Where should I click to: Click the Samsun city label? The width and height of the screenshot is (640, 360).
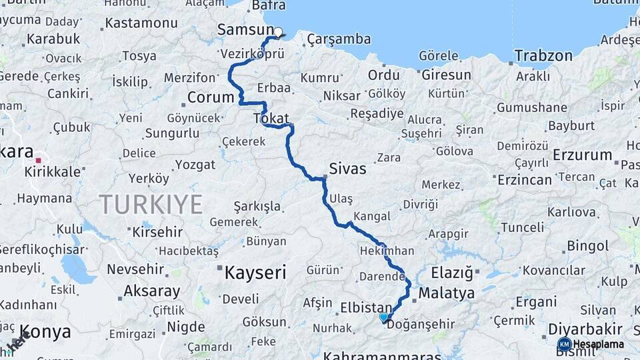point(245,31)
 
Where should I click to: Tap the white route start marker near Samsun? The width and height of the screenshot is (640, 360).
point(278,31)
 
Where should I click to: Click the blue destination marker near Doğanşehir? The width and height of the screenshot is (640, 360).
point(383,317)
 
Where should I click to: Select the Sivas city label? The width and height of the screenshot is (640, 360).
point(348,169)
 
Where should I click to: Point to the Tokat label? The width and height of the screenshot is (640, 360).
point(271,118)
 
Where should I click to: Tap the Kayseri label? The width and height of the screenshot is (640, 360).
point(255,272)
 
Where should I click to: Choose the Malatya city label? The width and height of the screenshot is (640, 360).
point(446,293)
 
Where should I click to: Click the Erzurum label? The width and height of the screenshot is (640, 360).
point(582,155)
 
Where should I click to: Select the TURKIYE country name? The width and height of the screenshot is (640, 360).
point(151,204)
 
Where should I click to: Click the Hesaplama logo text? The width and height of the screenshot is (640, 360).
point(599,344)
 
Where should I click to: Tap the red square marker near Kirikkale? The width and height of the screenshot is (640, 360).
point(39,160)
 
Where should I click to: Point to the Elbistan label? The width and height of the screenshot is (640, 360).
point(365,307)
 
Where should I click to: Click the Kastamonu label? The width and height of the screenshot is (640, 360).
point(141,23)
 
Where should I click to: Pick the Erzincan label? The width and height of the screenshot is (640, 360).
point(525,179)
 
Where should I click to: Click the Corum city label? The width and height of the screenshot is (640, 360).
point(211,97)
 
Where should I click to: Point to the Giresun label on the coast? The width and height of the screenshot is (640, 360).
point(446,75)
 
